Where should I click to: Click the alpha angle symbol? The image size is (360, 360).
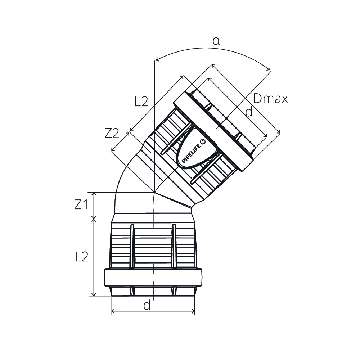click(x=216, y=41)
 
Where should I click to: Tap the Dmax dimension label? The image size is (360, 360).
click(x=270, y=99)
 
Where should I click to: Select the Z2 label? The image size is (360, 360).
click(x=112, y=133)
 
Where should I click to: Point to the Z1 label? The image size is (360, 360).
click(x=81, y=204)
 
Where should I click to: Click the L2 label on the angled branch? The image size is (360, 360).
click(x=141, y=102)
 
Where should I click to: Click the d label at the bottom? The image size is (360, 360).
click(x=147, y=305)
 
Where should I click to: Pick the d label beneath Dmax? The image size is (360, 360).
click(x=249, y=112)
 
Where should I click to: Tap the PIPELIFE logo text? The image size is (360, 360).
click(x=191, y=152)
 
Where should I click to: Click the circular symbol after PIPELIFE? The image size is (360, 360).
click(x=203, y=141)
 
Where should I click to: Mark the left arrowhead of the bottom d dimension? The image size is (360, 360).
click(x=113, y=311)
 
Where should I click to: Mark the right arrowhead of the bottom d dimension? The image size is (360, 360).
click(x=193, y=311)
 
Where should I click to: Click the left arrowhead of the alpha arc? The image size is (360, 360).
click(x=157, y=60)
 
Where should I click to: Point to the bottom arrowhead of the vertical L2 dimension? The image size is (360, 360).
click(x=94, y=294)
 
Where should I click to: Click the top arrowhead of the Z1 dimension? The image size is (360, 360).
click(x=94, y=194)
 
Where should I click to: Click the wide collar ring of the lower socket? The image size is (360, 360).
click(x=153, y=277)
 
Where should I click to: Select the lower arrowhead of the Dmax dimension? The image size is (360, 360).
click(x=279, y=131)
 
